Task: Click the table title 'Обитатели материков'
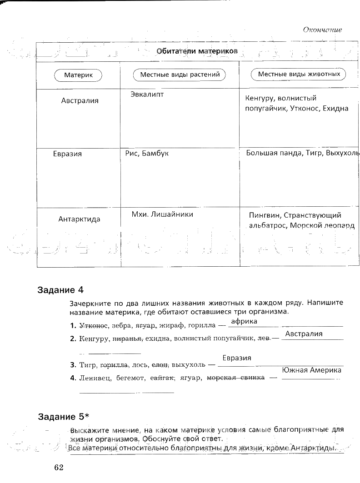pos(197,51)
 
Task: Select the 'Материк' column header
pos(78,75)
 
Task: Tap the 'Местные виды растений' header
pos(180,75)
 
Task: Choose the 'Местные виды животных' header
pos(299,74)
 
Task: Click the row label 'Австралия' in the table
pos(80,101)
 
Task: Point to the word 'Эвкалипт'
pos(146,94)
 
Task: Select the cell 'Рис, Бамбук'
pos(147,154)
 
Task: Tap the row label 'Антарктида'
pos(79,219)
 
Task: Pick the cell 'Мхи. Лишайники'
pos(162,214)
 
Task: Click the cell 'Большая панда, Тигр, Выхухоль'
pos(302,153)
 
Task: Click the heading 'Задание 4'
pos(61,289)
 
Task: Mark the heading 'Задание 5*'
pos(63,417)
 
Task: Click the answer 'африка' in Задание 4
pos(244,321)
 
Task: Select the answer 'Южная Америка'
pos(311,370)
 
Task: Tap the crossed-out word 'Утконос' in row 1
pos(93,326)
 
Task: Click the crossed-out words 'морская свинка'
pos(235,378)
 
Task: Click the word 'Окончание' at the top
pos(322,30)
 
